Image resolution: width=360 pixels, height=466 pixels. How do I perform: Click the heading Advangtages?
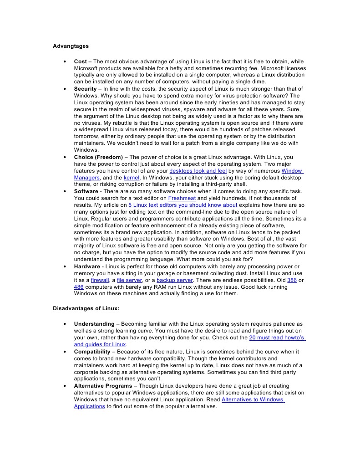tap(71, 46)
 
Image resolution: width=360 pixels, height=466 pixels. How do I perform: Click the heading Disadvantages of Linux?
tap(86, 308)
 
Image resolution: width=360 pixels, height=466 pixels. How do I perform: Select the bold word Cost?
tap(80, 61)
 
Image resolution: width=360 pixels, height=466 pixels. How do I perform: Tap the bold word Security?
tap(85, 89)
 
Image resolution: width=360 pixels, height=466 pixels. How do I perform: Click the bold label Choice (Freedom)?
tap(98, 157)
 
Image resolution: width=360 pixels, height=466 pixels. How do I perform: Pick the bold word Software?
tap(86, 191)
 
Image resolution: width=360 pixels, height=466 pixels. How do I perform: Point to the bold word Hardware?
tap(87, 266)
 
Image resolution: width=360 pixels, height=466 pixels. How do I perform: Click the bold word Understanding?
tap(94, 324)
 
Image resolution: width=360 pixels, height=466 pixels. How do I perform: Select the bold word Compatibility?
tap(92, 352)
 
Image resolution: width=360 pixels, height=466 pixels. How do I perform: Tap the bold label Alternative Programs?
tap(103, 386)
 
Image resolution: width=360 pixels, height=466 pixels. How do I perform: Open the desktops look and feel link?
tap(198, 171)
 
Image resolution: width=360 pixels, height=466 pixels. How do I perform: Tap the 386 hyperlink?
tap(292, 280)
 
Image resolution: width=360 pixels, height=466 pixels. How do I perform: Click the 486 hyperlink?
tap(79, 287)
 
